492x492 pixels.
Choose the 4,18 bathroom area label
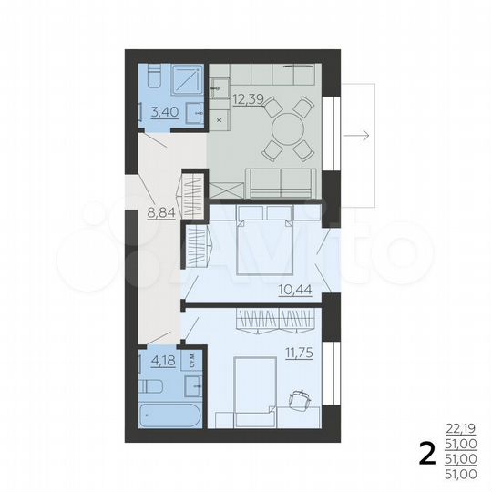coord(164,360)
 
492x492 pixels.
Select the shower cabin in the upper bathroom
coord(187,81)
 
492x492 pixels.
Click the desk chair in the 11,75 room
coord(298,398)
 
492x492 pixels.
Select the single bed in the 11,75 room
coord(247,390)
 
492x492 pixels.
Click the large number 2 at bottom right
coord(425,452)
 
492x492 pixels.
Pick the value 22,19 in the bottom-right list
coord(461,426)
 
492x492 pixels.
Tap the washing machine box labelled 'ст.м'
coord(192,360)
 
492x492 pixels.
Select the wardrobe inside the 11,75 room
coord(276,321)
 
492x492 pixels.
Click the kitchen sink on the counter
coord(221,88)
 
